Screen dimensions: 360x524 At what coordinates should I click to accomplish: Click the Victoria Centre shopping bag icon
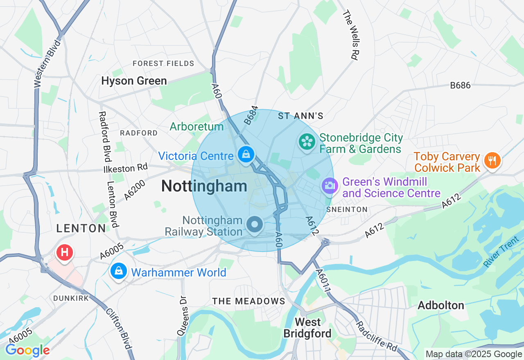click(246, 155)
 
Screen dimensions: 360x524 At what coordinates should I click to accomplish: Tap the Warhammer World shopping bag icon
click(118, 271)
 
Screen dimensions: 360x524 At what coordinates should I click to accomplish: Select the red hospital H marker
click(65, 252)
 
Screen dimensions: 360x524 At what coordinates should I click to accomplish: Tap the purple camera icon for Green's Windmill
click(330, 186)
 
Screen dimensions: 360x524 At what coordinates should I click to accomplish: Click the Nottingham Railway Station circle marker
click(255, 225)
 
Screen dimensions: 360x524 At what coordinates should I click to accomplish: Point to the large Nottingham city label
click(204, 187)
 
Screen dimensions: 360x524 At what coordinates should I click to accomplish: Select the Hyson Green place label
click(134, 81)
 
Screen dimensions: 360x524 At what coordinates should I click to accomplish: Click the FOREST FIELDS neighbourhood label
click(163, 63)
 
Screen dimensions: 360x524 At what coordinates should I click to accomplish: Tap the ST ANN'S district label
click(300, 116)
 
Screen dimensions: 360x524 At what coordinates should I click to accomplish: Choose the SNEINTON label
click(347, 209)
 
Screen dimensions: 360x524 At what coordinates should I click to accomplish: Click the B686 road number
click(460, 85)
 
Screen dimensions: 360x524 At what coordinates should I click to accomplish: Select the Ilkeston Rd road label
click(125, 168)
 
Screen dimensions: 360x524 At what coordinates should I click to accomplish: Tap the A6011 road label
click(323, 281)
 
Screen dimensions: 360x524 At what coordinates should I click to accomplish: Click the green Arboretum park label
click(196, 126)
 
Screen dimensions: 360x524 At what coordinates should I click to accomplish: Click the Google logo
click(27, 350)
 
